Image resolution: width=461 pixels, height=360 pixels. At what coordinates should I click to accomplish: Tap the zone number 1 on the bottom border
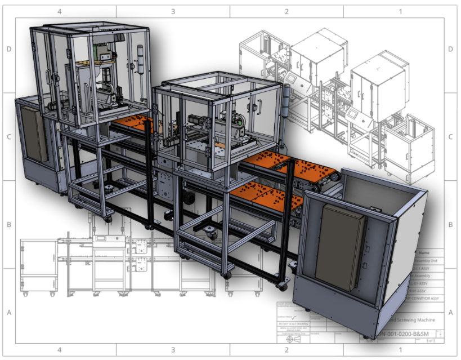[400, 350]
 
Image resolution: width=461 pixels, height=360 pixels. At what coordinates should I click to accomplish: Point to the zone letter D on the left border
[9, 49]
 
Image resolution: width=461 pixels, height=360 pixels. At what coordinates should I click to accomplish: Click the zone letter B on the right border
[450, 224]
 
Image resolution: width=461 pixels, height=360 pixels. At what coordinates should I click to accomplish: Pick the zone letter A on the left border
[9, 312]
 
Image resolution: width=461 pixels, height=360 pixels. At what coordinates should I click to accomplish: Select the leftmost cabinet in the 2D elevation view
[38, 264]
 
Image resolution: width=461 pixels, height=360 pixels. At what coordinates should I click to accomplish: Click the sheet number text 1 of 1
[430, 341]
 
